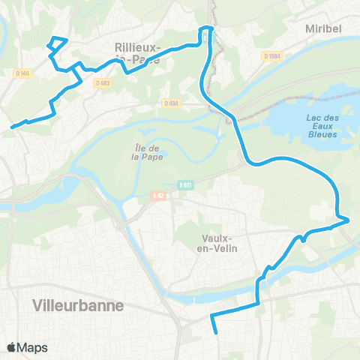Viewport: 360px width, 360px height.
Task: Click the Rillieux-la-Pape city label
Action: point(137,52)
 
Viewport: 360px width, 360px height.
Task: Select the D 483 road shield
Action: point(102,82)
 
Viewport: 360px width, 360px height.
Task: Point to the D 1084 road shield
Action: point(272,55)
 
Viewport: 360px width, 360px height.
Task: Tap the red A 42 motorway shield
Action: point(157,196)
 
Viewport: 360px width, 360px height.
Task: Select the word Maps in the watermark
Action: point(34,347)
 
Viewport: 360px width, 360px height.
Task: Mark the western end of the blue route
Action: point(12,127)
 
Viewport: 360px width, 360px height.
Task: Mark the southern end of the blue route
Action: point(216,331)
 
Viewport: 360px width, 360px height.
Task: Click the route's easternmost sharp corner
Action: point(349,220)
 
